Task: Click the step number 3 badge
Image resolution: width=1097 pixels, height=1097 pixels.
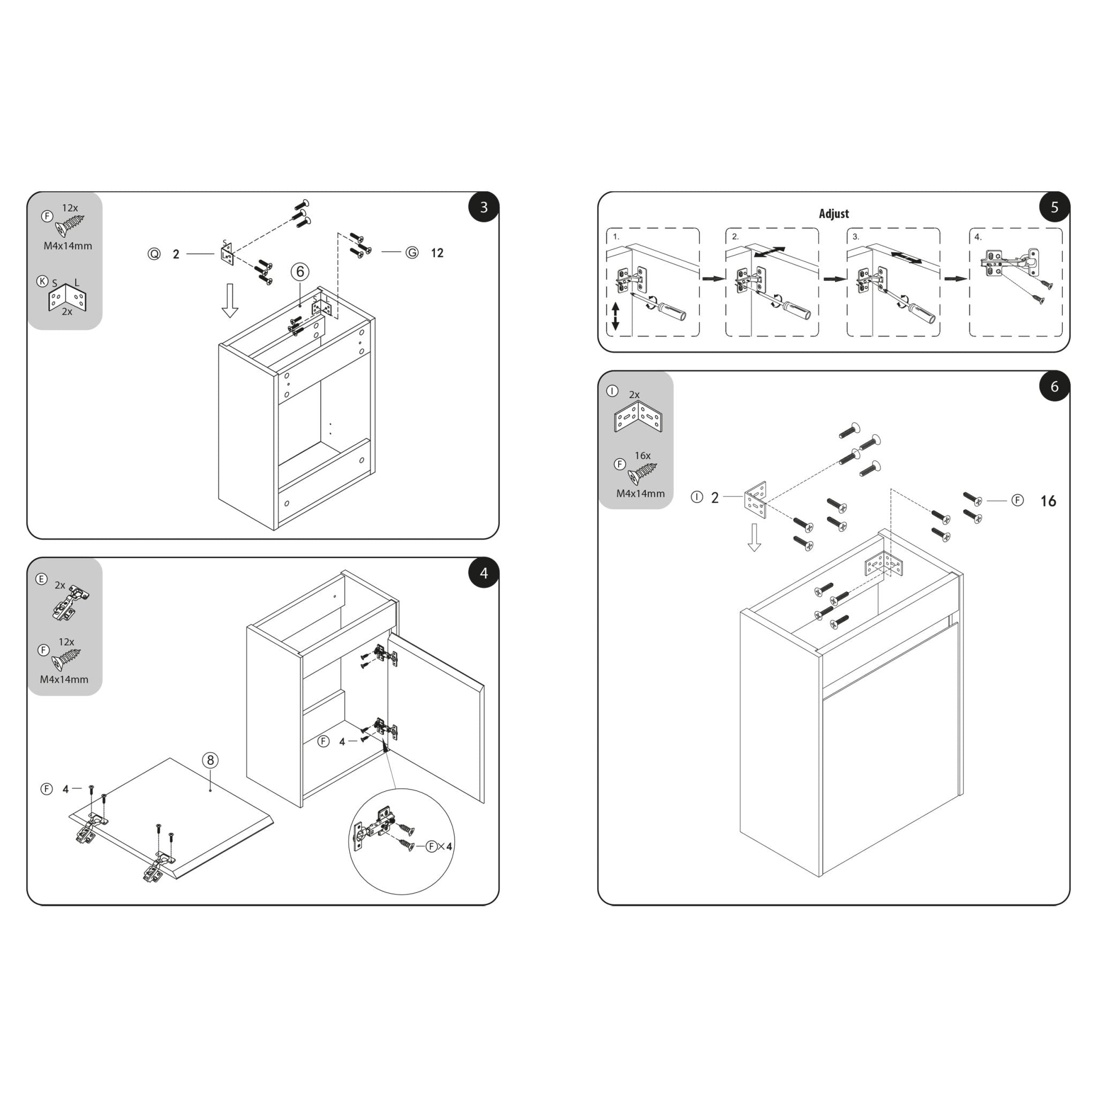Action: [x=483, y=207]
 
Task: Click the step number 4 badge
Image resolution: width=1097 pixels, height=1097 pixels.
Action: [x=483, y=574]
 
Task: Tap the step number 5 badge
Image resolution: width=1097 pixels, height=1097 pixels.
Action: [x=1054, y=207]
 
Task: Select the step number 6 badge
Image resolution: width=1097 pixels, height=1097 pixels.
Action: [x=1054, y=387]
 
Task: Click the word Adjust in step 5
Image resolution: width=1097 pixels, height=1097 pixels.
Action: [x=833, y=214]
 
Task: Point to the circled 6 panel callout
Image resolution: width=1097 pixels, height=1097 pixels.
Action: [x=300, y=272]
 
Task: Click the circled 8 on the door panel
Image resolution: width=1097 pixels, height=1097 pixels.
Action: [x=210, y=760]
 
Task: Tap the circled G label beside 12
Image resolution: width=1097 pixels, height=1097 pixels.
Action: [x=412, y=253]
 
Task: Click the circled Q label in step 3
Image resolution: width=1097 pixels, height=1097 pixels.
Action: [x=154, y=254]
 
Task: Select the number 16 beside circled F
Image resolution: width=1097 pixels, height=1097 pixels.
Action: [x=1048, y=501]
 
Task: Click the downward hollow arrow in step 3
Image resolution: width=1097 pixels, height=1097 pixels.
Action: [x=229, y=300]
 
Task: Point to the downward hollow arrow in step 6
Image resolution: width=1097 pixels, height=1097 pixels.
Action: [x=754, y=537]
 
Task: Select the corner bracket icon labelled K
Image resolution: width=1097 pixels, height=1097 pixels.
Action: [x=67, y=297]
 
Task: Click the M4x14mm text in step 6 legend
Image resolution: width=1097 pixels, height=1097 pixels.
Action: [x=640, y=494]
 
